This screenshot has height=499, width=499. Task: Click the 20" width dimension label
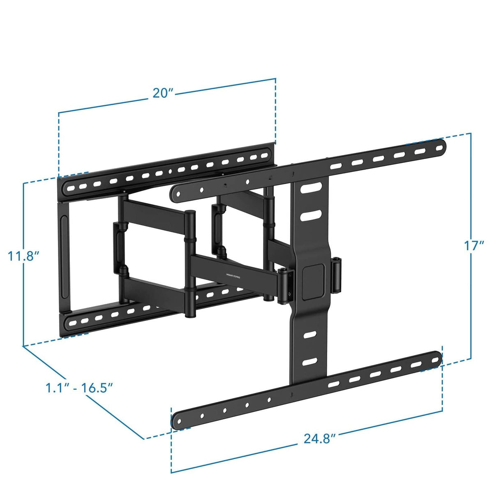point(162,93)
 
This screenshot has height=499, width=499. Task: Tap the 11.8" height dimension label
point(23,256)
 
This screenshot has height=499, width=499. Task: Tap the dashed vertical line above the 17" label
point(470,185)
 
